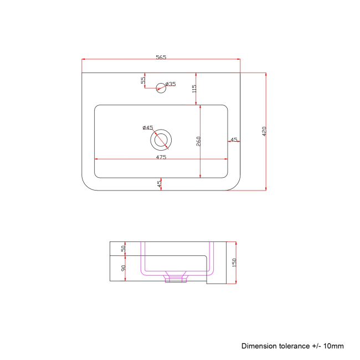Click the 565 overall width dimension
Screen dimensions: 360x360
pos(161,56)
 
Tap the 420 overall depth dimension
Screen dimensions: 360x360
pos(264,131)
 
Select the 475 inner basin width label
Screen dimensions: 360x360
pos(161,157)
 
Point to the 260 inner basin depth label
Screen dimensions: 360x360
pos(198,141)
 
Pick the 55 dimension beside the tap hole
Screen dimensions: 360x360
pos(143,81)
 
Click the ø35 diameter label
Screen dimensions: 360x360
pos(171,84)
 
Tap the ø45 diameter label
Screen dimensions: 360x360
pos(147,127)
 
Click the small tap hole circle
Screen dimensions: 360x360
pos(161,86)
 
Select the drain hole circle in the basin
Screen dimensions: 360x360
pos(161,140)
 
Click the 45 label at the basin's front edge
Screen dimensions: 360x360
pos(160,184)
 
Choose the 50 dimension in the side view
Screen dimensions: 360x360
pos(124,248)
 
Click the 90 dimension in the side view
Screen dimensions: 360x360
pos(124,268)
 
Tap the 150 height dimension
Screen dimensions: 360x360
pos(234,263)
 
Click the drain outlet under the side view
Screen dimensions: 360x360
pos(176,277)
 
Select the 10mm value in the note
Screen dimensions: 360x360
pos(334,346)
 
